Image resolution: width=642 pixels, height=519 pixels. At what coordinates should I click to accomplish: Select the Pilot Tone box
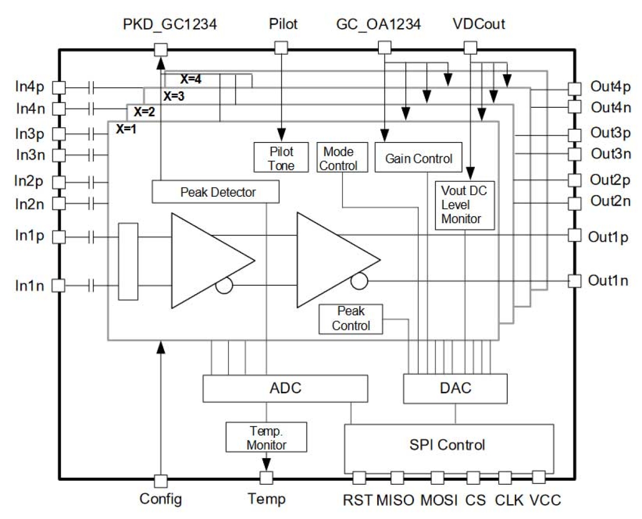point(281,158)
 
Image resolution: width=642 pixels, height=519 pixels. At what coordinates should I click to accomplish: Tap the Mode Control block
point(341,158)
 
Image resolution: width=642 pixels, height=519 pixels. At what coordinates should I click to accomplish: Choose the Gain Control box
point(418,158)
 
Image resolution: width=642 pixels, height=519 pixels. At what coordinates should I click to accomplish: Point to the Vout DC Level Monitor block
point(464,205)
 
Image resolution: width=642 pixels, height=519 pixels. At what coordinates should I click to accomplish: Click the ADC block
point(285,388)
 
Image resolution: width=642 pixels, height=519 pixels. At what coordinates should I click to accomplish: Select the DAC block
point(455,388)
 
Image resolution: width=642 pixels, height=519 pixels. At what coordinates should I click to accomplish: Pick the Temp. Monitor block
point(266,437)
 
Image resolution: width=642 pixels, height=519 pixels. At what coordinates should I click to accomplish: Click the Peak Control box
point(350,319)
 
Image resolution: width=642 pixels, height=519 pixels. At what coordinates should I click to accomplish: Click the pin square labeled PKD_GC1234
point(161,50)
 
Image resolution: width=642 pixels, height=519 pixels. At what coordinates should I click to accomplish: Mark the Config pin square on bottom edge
point(161,481)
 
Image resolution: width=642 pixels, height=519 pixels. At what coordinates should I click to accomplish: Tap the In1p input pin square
point(59,237)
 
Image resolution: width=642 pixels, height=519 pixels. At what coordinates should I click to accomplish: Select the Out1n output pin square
point(575,280)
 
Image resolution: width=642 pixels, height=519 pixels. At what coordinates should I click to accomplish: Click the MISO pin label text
point(395,500)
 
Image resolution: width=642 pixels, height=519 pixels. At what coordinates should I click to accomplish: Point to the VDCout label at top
point(478,24)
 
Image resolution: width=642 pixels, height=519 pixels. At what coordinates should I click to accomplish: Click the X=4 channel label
point(190,79)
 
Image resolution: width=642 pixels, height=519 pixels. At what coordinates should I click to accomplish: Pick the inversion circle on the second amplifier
point(359,281)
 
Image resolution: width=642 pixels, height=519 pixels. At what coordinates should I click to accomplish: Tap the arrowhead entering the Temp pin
point(266,464)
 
